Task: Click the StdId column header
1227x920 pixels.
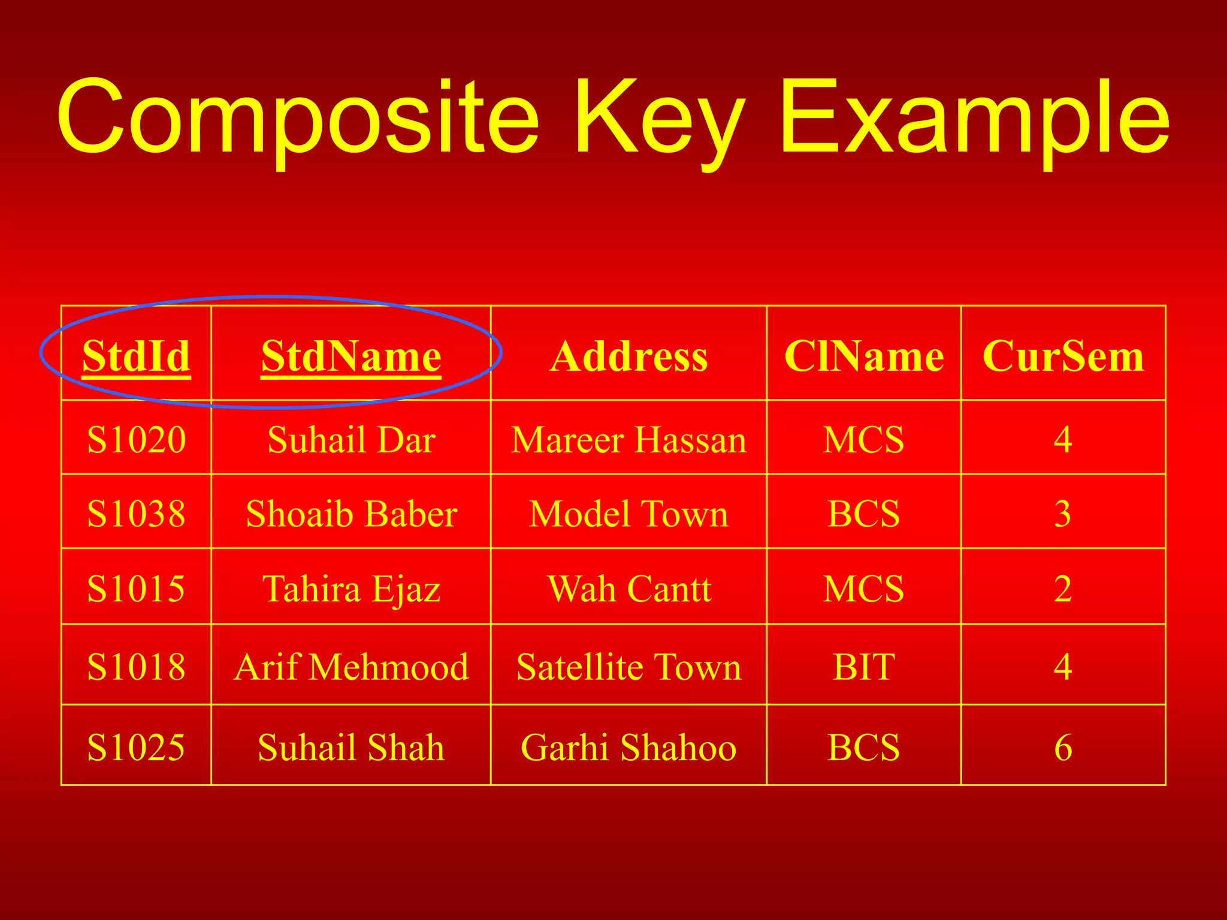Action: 137,356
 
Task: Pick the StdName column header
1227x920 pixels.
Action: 351,356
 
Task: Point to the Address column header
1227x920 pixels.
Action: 628,356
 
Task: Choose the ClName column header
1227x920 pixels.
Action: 864,356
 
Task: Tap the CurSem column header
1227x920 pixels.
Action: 1063,356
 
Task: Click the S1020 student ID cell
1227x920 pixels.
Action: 137,439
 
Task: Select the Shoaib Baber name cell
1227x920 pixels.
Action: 351,514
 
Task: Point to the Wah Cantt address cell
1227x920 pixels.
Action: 628,588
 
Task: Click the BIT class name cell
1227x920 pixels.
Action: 864,666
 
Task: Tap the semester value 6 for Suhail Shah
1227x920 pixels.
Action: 1063,747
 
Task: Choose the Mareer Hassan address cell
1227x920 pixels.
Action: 628,439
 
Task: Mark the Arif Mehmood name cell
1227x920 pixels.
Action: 351,666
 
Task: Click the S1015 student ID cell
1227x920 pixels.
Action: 137,588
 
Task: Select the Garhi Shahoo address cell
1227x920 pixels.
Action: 628,747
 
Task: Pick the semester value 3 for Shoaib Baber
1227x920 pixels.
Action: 1063,514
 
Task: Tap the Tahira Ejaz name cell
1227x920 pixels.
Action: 351,588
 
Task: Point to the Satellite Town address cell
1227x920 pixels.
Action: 628,666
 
